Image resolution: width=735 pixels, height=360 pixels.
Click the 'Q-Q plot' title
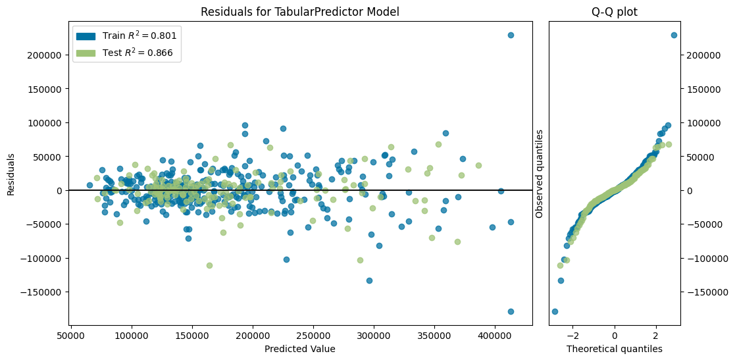coord(614,12)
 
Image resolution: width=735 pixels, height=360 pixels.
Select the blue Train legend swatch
coord(86,36)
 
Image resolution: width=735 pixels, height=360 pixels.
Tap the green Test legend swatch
coord(86,54)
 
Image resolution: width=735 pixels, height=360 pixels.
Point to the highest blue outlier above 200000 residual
coord(511,35)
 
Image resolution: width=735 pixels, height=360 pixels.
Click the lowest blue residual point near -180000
coord(511,311)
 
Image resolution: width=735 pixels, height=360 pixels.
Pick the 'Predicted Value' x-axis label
coord(299,349)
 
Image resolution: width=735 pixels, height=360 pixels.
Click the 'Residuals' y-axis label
coord(11,174)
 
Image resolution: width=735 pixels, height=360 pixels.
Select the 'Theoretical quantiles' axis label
coord(614,349)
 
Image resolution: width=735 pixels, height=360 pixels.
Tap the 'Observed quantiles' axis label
coord(540,174)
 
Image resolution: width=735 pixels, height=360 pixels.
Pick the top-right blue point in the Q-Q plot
coord(674,35)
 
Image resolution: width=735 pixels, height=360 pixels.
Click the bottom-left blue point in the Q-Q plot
coord(555,311)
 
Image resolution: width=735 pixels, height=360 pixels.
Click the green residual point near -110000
coord(209,265)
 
